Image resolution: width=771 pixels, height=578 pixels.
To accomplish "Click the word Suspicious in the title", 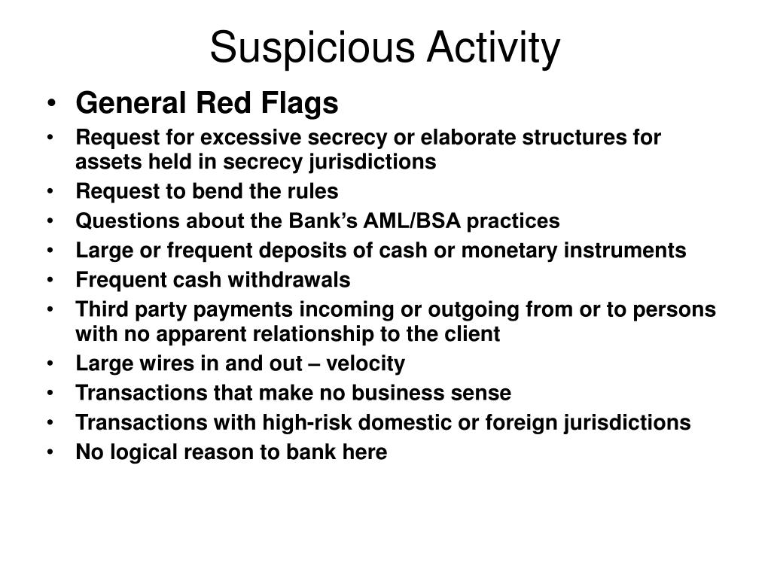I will tap(312, 48).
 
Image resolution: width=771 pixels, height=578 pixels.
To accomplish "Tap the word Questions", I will tap(125, 221).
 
